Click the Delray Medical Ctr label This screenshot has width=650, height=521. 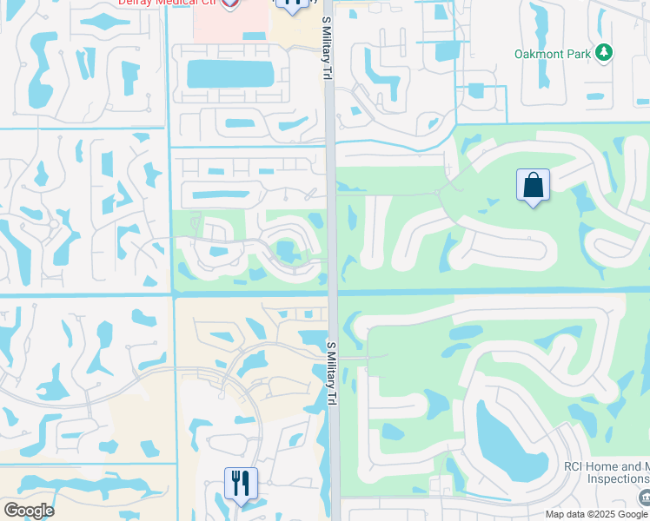168,3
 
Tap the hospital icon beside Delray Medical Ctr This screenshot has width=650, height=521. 230,4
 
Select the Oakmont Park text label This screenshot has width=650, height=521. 552,54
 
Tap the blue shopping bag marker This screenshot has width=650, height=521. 533,186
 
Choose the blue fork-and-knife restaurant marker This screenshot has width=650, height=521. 241,483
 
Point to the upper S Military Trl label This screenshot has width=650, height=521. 328,36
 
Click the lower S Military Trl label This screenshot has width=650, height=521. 331,374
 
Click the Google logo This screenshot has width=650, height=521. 29,511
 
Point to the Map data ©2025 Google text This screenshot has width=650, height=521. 596,514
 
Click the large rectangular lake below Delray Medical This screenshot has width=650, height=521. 229,73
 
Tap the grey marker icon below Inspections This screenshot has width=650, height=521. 643,496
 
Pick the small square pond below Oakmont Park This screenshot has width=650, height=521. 475,89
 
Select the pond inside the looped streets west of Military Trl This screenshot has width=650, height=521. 285,252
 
